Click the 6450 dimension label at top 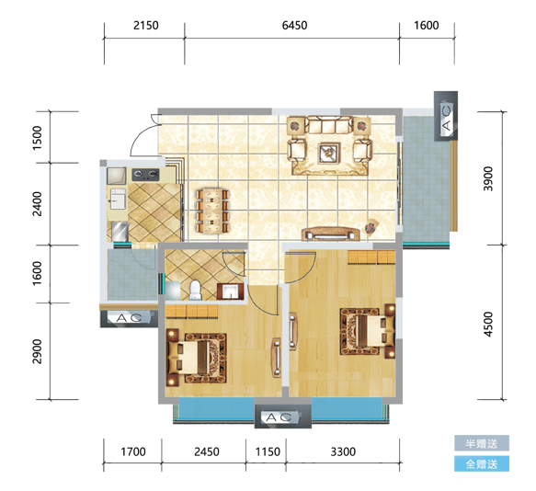coord(294,26)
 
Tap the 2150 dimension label coord(146,26)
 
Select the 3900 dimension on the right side coord(488,178)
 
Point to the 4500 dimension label coord(488,325)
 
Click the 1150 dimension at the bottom coord(268,451)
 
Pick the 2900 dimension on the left coord(37,351)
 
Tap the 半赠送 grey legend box coord(482,443)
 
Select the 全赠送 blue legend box coord(482,463)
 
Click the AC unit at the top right coord(446,116)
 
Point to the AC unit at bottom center coord(282,417)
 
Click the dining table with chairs coord(212,211)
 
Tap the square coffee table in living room coord(329,154)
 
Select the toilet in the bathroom coord(196,291)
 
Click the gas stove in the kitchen coord(146,175)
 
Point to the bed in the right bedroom coord(368,330)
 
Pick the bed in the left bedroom coord(197,358)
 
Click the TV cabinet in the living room coord(331,234)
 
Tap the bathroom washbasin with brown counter coord(231,291)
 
